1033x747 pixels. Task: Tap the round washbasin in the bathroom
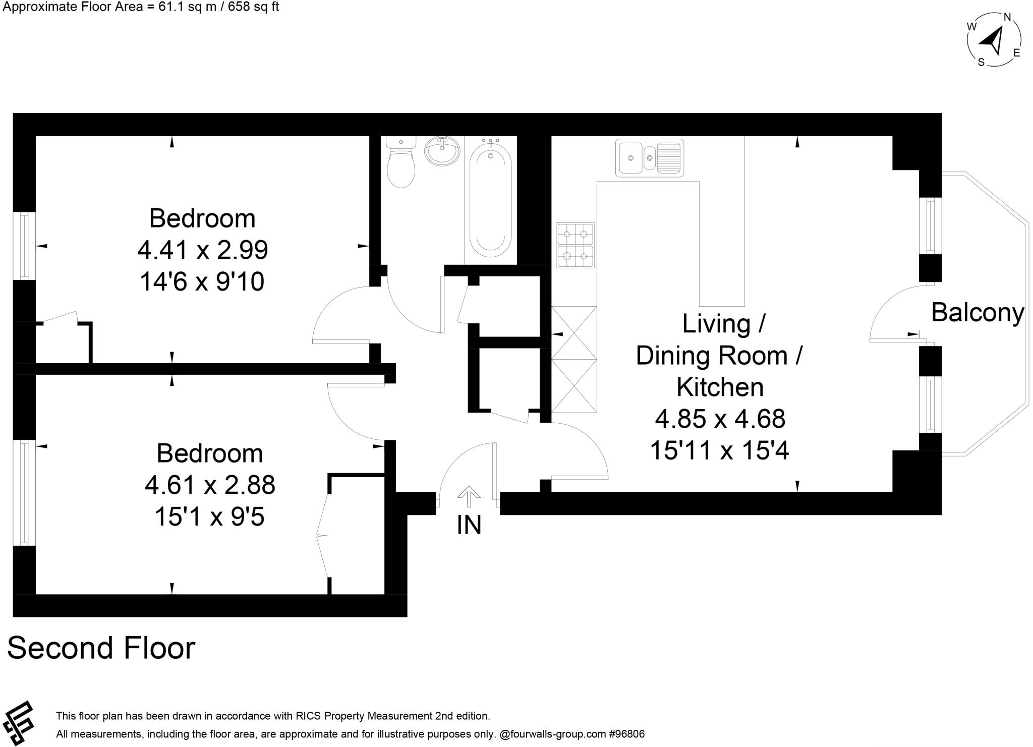pos(442,151)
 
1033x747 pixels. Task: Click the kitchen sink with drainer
pos(650,158)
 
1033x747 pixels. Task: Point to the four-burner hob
pos(575,246)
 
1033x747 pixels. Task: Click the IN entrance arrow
pos(469,496)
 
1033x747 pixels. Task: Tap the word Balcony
pos(977,313)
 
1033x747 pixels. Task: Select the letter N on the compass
pos(1007,17)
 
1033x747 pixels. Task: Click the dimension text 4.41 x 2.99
pos(203,250)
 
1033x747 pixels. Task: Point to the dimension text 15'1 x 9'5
pos(209,517)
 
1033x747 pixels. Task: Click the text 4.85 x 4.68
pos(720,419)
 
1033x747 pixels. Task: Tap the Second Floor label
pos(101,648)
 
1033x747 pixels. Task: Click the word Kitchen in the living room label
pos(720,387)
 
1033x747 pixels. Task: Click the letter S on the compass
pos(981,63)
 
